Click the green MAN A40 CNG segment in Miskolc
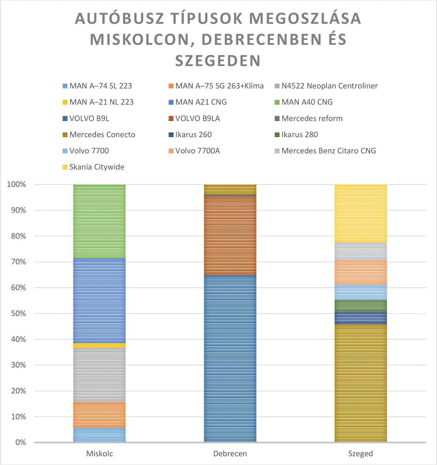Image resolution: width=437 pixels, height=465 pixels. coord(99,221)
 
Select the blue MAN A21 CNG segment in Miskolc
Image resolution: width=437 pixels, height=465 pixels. coord(99,300)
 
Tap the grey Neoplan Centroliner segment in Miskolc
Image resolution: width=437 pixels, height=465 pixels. coord(99,375)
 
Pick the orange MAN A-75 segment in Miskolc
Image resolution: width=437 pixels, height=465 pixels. coord(99,415)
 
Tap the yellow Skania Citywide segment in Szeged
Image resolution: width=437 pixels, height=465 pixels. coord(361,213)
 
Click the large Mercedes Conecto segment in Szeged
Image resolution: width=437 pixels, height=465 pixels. coord(361,383)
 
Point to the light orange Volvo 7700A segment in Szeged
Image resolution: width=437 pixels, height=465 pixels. coord(361,273)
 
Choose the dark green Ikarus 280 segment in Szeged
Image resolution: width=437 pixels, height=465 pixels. coord(361,306)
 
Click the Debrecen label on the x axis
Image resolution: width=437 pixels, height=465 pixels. coord(230,454)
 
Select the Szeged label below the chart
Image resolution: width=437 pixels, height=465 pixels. coord(361,454)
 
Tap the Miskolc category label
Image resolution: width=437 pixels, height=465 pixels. coord(99,454)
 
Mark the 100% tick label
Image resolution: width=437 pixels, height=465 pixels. coord(16,185)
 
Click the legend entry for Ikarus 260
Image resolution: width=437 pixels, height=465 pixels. coord(193,134)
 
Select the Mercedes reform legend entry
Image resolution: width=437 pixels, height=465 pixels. coord(312,118)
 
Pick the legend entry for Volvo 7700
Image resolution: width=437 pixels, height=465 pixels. coord(89,151)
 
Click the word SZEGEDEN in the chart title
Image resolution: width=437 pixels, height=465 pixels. coord(218,60)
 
